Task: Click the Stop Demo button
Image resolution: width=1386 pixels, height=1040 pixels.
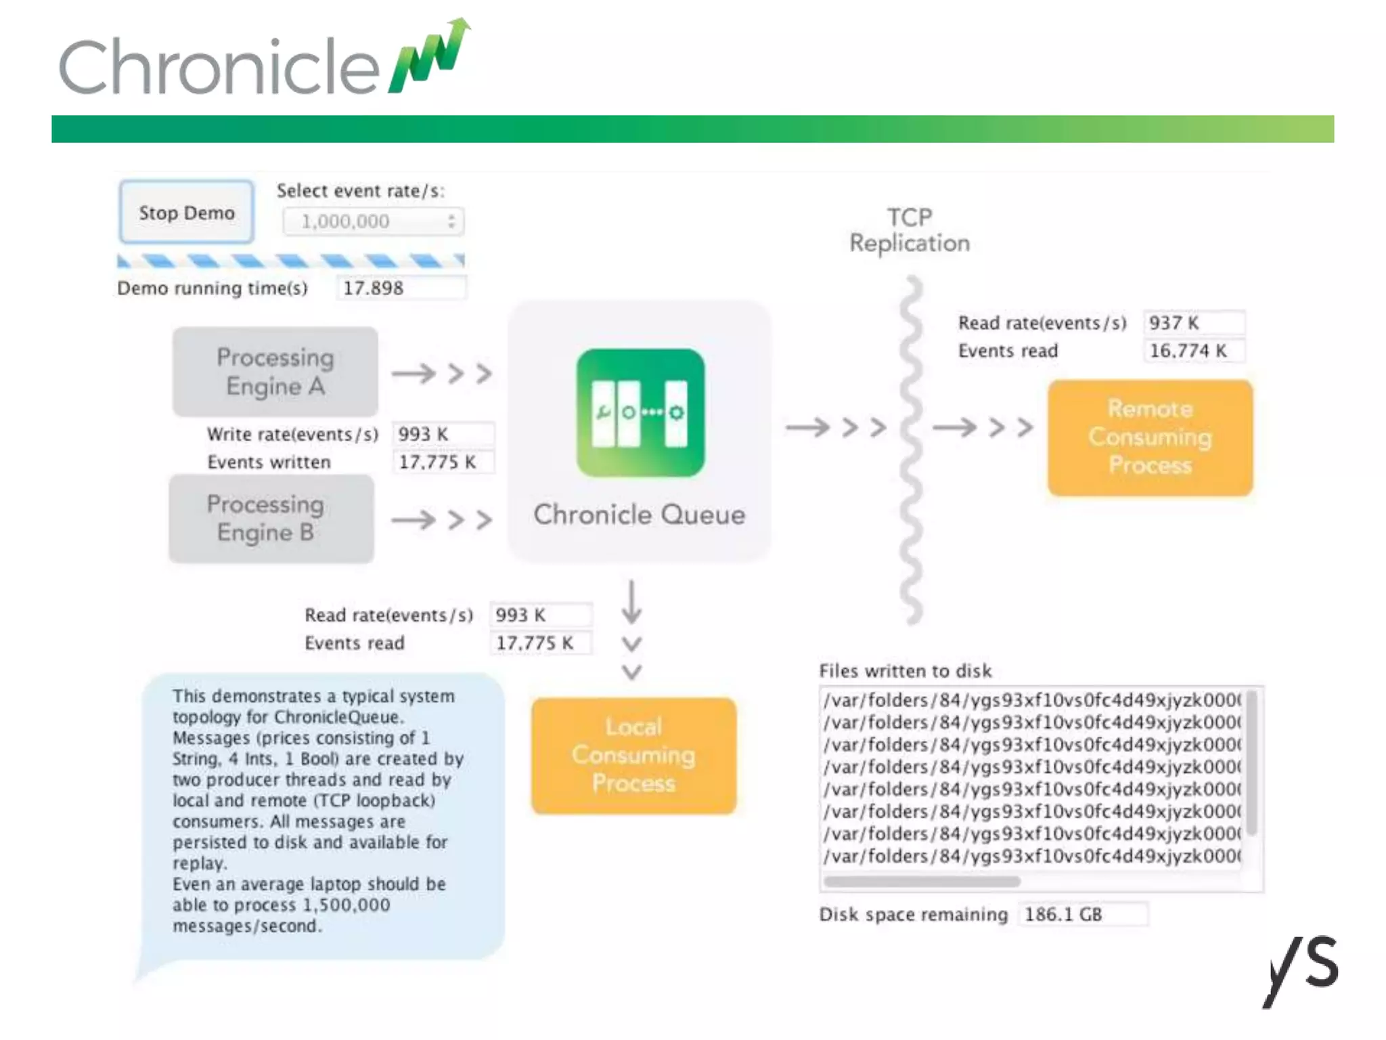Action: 186,213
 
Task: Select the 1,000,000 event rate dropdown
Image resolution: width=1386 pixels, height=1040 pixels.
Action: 373,221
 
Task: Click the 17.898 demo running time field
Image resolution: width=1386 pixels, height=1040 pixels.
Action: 401,288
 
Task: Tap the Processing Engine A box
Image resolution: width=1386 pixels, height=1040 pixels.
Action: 275,372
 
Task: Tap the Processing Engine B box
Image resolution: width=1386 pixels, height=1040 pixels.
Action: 271,519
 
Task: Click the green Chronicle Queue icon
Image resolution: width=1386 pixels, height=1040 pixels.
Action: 640,412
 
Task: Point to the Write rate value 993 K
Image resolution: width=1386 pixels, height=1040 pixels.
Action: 443,434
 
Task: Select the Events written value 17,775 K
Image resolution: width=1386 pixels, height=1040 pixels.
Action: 443,462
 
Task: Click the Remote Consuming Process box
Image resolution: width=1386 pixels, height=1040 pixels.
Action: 1150,437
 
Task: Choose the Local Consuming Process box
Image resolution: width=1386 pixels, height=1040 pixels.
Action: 633,755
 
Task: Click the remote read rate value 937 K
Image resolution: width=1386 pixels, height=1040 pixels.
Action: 1193,323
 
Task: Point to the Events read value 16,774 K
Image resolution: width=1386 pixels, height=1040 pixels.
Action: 1193,351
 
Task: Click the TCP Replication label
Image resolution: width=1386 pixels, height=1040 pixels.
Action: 910,230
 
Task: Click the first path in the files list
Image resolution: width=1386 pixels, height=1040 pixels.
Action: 1031,700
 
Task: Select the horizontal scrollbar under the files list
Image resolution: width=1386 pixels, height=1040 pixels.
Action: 922,882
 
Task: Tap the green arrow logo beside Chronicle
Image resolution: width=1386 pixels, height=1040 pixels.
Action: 430,56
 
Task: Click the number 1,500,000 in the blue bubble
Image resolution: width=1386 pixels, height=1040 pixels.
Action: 346,905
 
